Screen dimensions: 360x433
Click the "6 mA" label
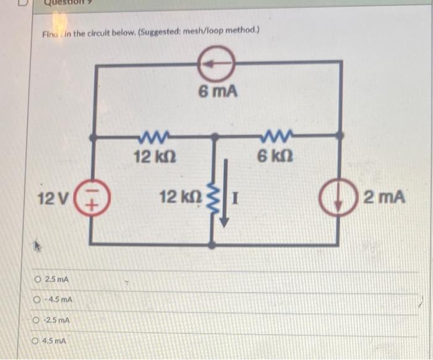click(218, 92)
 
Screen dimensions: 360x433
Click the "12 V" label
click(54, 199)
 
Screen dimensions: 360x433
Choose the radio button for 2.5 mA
click(38, 280)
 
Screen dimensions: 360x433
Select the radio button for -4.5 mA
click(38, 301)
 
